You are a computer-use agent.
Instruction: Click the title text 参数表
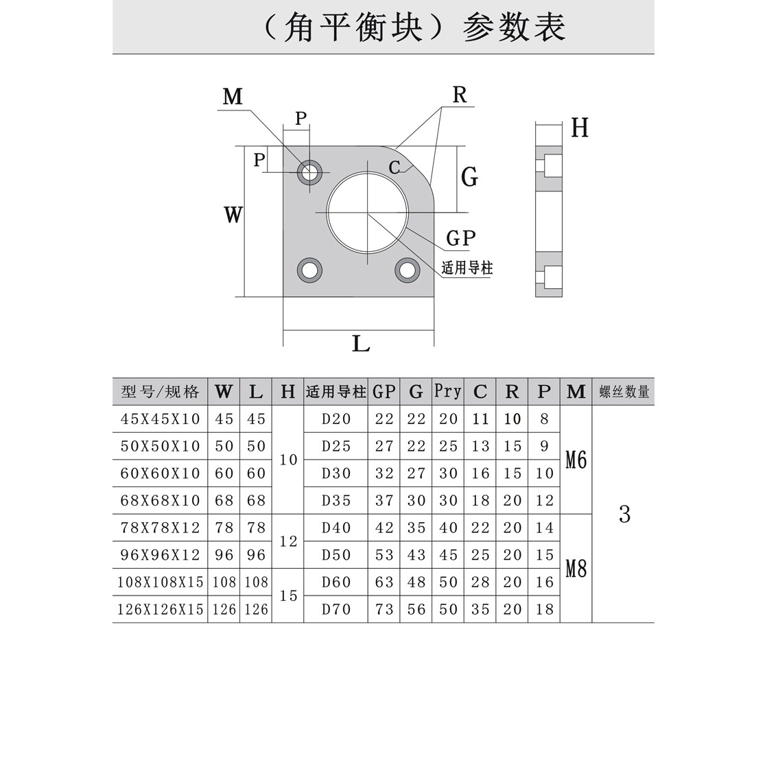point(514,27)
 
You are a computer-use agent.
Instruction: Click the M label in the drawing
point(233,97)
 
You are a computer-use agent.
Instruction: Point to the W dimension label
point(233,215)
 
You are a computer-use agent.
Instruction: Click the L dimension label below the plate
point(361,344)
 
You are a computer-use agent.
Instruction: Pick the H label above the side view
point(580,128)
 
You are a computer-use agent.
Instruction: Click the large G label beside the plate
point(469,177)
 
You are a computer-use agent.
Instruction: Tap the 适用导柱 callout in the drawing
point(467,268)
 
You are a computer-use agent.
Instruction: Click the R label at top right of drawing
point(459,95)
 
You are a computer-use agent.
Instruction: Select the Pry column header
point(448,391)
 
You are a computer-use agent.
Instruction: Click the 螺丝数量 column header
point(624,392)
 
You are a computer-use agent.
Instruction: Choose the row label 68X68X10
point(160,500)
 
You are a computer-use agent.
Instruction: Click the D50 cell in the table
point(336,555)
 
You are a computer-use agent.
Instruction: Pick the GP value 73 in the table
point(384,609)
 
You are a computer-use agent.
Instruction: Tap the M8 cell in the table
point(576,568)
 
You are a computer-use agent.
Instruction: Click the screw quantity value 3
point(624,514)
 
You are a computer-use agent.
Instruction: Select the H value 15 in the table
point(289,595)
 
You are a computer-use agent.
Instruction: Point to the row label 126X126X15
point(161,609)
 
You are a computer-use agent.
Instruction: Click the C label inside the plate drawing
point(394,167)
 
